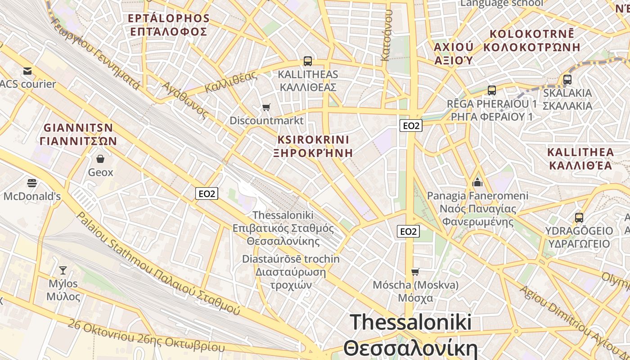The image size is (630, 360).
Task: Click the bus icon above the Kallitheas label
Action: (308, 61)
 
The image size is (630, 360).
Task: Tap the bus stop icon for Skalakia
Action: (567, 80)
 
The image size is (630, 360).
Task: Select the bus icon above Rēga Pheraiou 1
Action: (492, 90)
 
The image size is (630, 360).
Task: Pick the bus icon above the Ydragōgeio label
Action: (579, 218)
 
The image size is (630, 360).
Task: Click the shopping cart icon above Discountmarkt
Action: (266, 107)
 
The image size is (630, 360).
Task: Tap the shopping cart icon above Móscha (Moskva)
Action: (415, 272)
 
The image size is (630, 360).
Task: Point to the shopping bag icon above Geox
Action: (100, 159)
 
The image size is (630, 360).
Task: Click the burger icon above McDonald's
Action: (32, 183)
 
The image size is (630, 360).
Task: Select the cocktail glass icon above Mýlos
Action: (63, 270)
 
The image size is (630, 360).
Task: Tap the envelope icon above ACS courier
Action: (27, 71)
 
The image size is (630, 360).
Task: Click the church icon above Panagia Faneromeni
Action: (477, 182)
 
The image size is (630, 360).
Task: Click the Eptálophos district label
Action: (168, 25)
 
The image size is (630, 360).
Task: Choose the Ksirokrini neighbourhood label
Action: (313, 146)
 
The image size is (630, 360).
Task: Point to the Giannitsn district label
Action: (78, 134)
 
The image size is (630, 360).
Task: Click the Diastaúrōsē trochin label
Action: (291, 272)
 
